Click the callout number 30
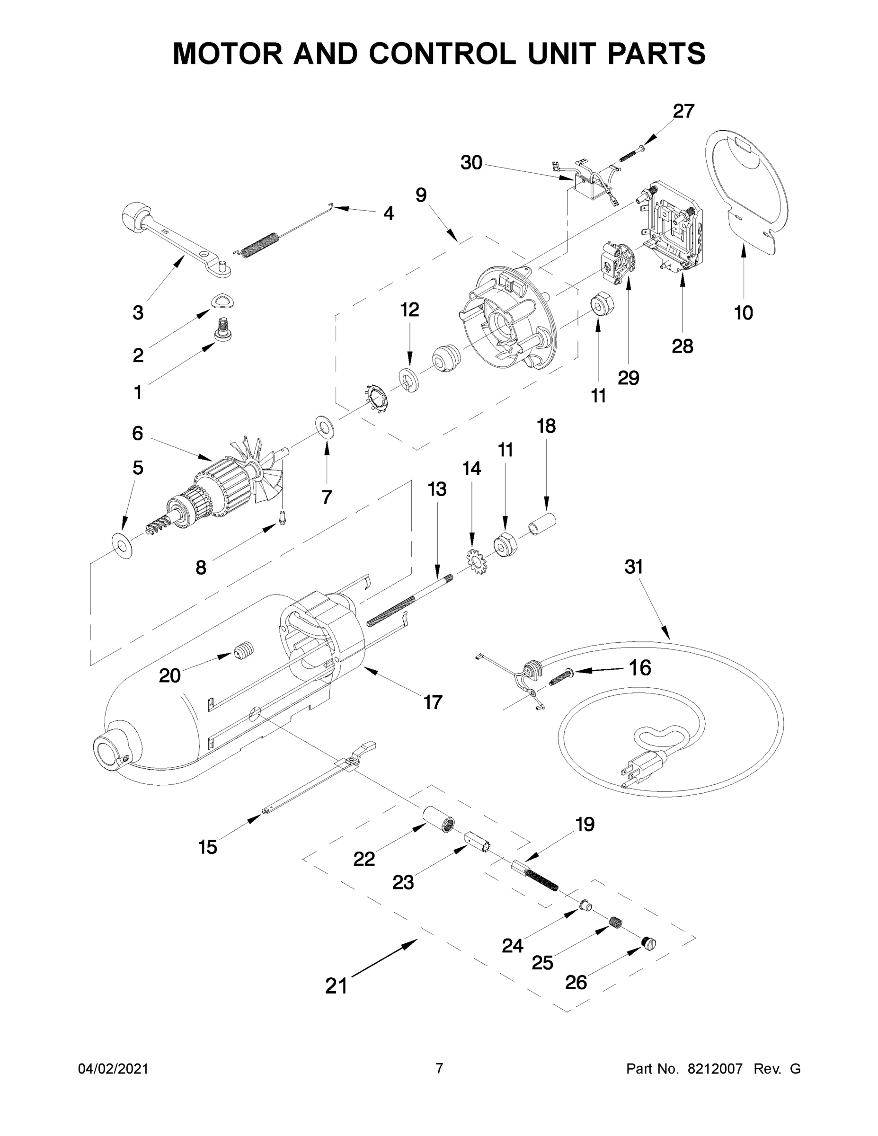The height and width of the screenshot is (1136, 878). [x=471, y=163]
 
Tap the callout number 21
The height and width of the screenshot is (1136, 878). [x=336, y=985]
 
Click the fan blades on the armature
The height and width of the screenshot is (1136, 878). [x=267, y=471]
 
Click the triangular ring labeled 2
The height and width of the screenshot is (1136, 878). [x=222, y=301]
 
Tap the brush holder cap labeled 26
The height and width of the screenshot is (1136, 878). [x=649, y=942]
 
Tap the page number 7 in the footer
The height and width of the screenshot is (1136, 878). [x=439, y=1068]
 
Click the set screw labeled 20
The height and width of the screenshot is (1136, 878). [x=243, y=651]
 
